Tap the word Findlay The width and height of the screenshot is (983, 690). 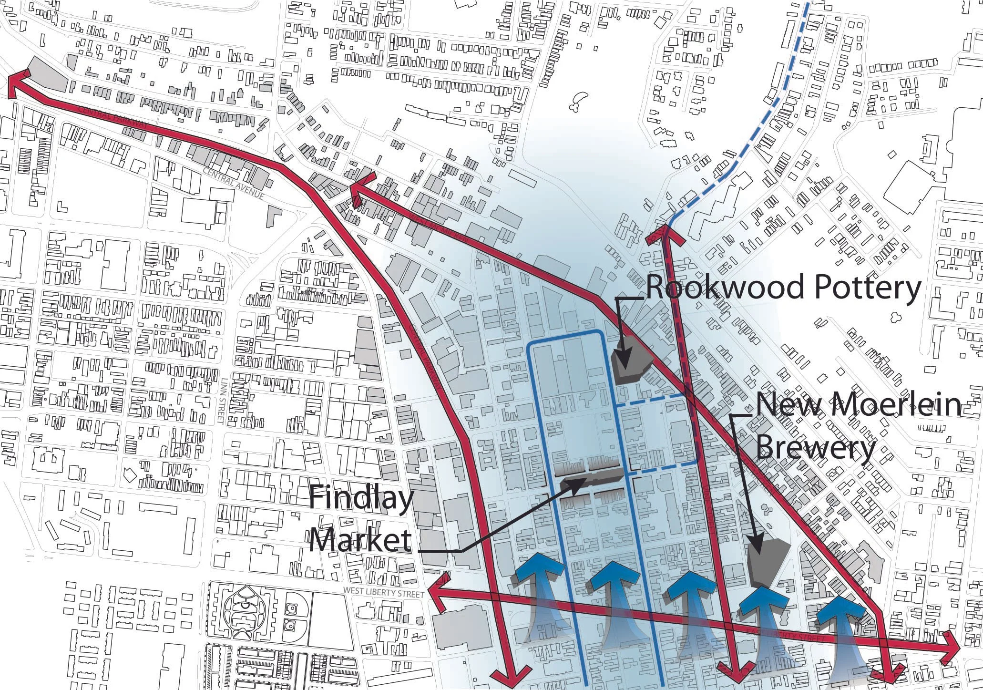pyautogui.click(x=361, y=500)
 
